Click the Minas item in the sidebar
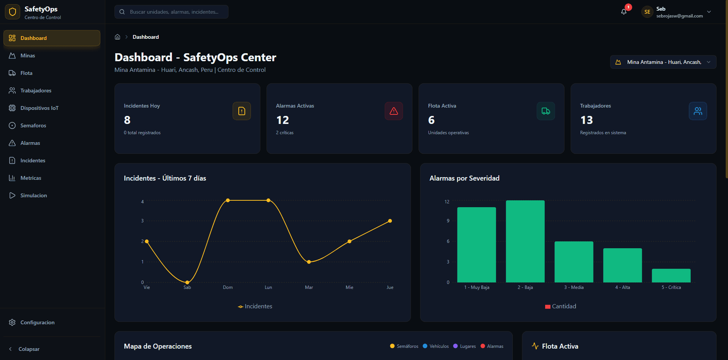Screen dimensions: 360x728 27,56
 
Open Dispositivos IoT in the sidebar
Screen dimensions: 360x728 39,108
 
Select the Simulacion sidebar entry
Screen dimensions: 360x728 33,195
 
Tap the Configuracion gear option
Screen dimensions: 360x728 37,322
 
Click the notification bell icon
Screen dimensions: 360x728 624,12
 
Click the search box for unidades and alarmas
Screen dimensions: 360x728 171,12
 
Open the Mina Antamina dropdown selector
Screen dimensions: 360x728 663,62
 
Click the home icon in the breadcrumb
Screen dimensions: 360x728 117,37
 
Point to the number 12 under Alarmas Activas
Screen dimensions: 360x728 282,120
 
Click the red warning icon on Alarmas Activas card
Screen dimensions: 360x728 393,111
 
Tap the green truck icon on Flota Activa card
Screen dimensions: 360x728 546,111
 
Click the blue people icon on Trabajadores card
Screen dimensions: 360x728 698,111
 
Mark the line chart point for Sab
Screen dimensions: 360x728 187,282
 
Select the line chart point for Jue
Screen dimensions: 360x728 390,221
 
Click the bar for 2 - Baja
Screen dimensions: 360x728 525,241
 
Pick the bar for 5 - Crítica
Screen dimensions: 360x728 671,276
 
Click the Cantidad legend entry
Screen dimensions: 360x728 561,306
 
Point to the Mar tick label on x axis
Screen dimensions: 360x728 309,287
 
